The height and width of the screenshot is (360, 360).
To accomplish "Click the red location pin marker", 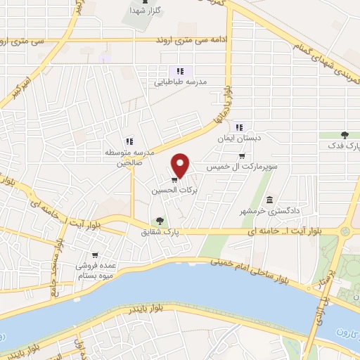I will tap(181, 165).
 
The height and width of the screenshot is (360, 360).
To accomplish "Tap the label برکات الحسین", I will tap(176, 190).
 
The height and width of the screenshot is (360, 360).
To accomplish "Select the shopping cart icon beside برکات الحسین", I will tap(174, 179).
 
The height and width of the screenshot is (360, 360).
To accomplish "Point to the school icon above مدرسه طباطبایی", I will tap(180, 71).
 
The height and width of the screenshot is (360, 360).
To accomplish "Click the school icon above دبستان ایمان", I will tap(240, 127).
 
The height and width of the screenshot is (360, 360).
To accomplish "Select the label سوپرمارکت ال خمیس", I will tap(242, 168).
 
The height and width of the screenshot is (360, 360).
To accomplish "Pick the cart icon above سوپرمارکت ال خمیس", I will tap(243, 157).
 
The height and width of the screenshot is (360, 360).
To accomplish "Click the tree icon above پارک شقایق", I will tap(160, 220).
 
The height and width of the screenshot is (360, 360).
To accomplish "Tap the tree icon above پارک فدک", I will tap(345, 134).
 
